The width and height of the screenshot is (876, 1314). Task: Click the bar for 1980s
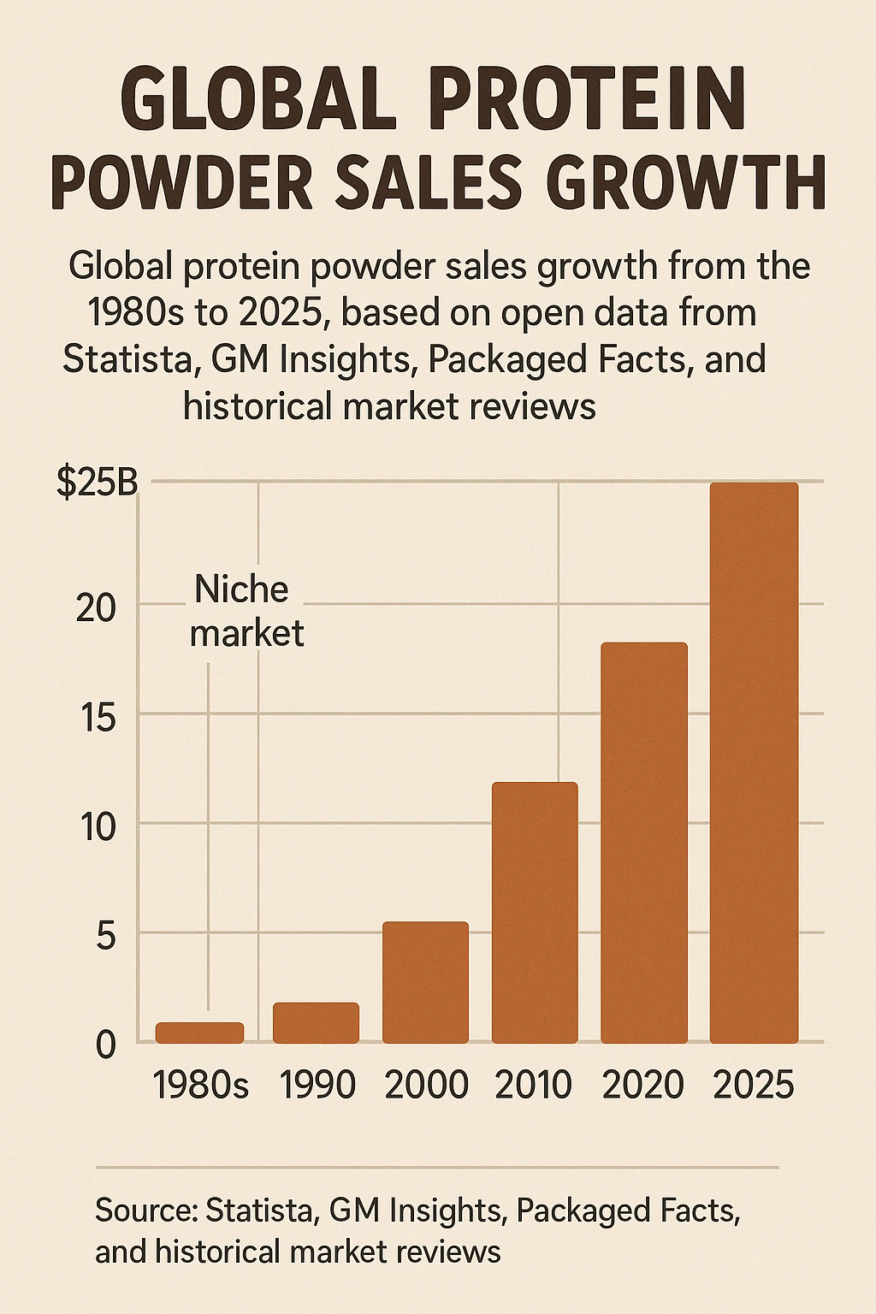tap(199, 1033)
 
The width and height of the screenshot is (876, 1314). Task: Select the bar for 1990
tap(316, 1023)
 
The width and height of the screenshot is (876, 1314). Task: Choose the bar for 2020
tap(644, 843)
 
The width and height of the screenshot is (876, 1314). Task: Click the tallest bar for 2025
tap(754, 762)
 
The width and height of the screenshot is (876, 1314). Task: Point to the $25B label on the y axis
tap(97, 483)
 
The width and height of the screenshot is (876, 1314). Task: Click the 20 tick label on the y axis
tap(95, 608)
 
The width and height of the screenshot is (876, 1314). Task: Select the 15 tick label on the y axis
tap(95, 718)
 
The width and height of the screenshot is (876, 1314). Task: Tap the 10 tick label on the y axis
tap(95, 827)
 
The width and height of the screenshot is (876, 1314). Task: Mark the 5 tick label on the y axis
tap(104, 937)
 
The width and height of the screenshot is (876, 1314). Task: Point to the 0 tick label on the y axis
tap(105, 1045)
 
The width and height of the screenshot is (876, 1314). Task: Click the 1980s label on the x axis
tap(201, 1086)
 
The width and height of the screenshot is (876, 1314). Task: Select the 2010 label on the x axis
tap(534, 1086)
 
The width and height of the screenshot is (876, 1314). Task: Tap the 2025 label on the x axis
tap(754, 1086)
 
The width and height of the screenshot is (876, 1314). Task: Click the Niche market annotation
tap(246, 611)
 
